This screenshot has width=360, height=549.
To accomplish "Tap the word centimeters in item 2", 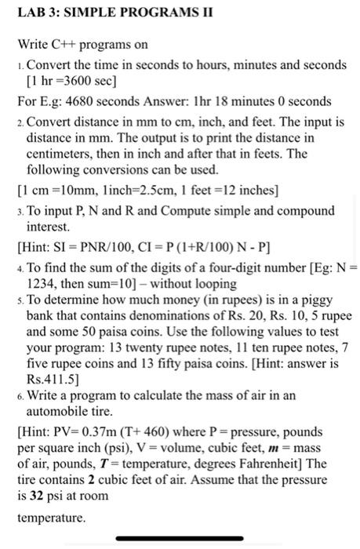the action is tap(60, 154).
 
